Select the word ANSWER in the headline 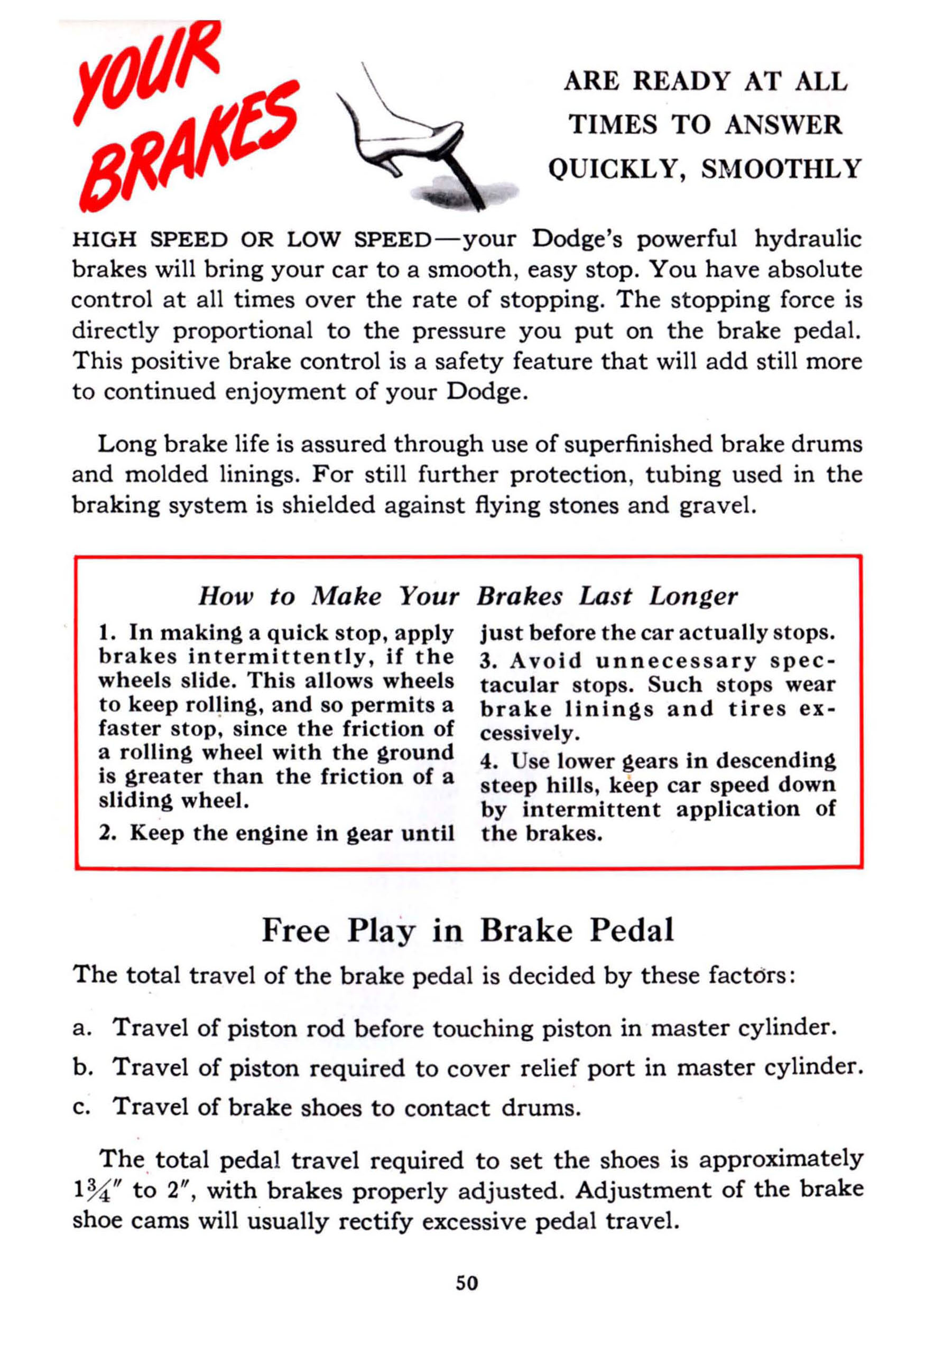pos(783,125)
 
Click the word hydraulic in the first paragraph pos(808,239)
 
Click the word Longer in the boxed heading pos(693,597)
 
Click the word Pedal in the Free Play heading pos(632,930)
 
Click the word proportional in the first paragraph pos(243,331)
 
